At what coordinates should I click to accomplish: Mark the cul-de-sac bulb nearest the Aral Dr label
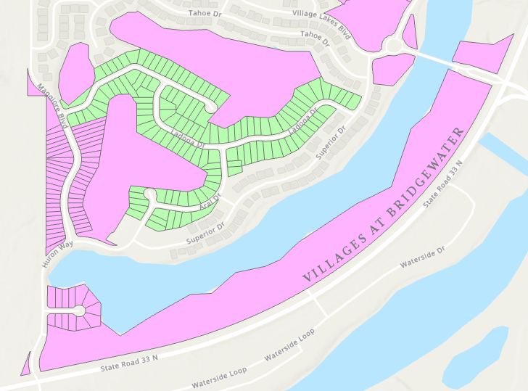coord(149,194)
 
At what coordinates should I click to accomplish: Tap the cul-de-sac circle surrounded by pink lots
coord(78,311)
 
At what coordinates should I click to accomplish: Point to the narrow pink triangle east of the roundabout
coord(411,33)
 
